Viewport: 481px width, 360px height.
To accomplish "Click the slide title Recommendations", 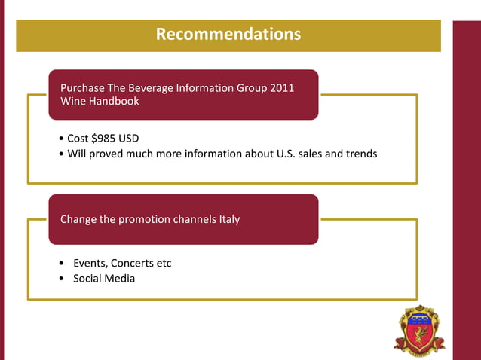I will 228,35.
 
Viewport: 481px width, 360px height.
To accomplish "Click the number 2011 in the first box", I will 280,88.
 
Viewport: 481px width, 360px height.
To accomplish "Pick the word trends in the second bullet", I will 360,154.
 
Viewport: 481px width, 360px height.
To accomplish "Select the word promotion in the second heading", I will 130,220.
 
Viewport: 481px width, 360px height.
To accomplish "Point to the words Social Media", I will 104,279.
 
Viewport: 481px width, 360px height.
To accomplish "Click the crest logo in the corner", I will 419,330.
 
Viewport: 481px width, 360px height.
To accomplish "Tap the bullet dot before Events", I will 60,264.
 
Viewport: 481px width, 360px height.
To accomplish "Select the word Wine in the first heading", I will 73,101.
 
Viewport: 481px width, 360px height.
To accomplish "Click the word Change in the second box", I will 78,220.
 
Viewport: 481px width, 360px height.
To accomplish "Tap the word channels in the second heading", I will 183,220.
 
